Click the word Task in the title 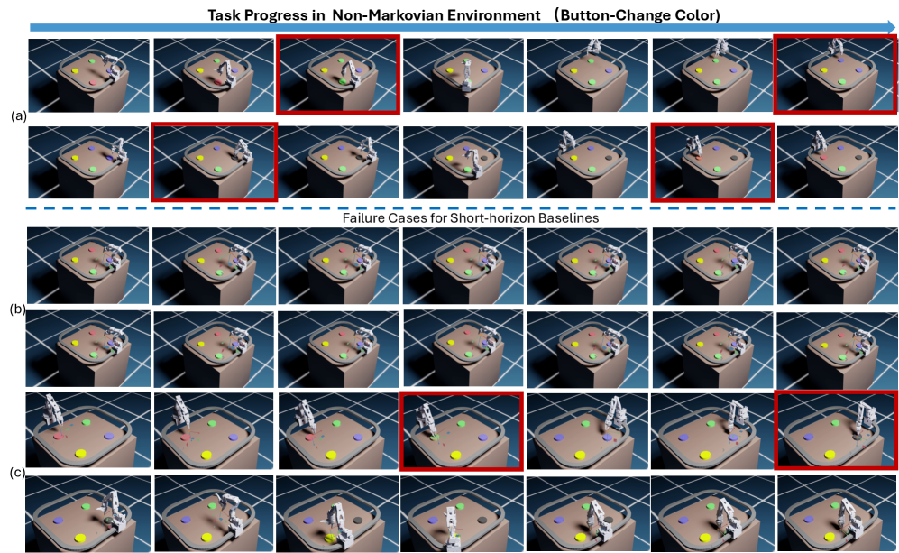click(x=224, y=14)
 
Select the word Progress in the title click(x=271, y=15)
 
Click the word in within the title click(x=313, y=14)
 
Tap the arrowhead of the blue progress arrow click(x=890, y=27)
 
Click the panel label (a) click(x=18, y=115)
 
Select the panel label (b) click(x=18, y=309)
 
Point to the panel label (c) click(x=18, y=473)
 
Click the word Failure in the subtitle click(x=362, y=218)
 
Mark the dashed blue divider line click(x=462, y=207)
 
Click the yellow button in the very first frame click(x=76, y=71)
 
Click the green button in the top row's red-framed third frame click(x=342, y=83)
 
